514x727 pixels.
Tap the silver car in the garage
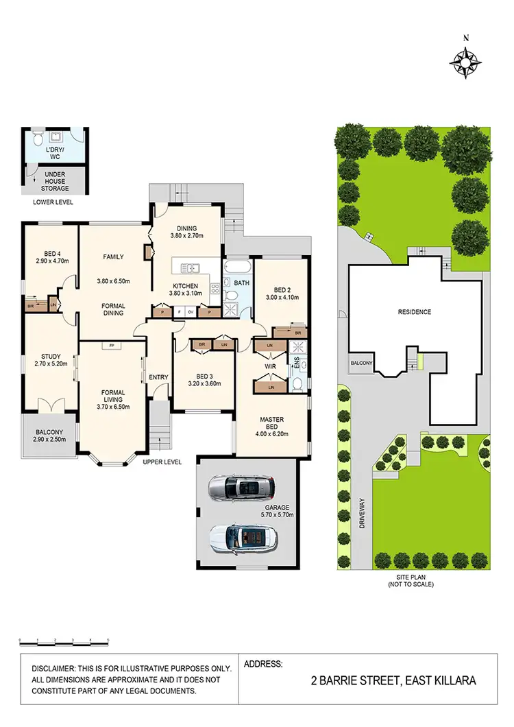(243, 488)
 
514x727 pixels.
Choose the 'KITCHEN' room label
(185, 286)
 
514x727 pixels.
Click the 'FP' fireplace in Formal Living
(111, 346)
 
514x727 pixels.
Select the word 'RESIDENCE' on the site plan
(415, 312)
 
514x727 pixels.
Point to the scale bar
(64, 641)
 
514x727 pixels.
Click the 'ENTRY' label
(158, 377)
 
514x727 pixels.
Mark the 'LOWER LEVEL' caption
(53, 203)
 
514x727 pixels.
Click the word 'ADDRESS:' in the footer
(263, 664)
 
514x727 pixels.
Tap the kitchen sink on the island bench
(190, 267)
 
